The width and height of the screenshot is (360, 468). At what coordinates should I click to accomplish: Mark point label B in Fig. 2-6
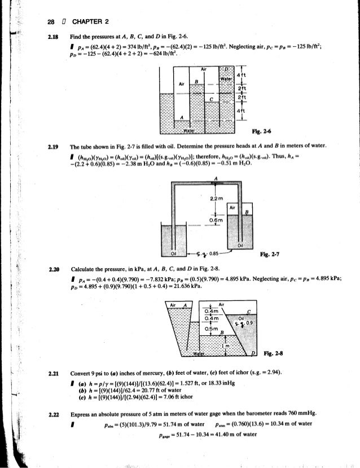pyautogui.click(x=195, y=82)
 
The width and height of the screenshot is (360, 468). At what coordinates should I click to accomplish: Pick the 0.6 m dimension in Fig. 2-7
pyautogui.click(x=214, y=221)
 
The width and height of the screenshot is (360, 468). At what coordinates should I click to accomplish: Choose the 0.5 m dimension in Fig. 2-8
pyautogui.click(x=212, y=329)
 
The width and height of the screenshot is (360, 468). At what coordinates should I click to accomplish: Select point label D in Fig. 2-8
pyautogui.click(x=253, y=353)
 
